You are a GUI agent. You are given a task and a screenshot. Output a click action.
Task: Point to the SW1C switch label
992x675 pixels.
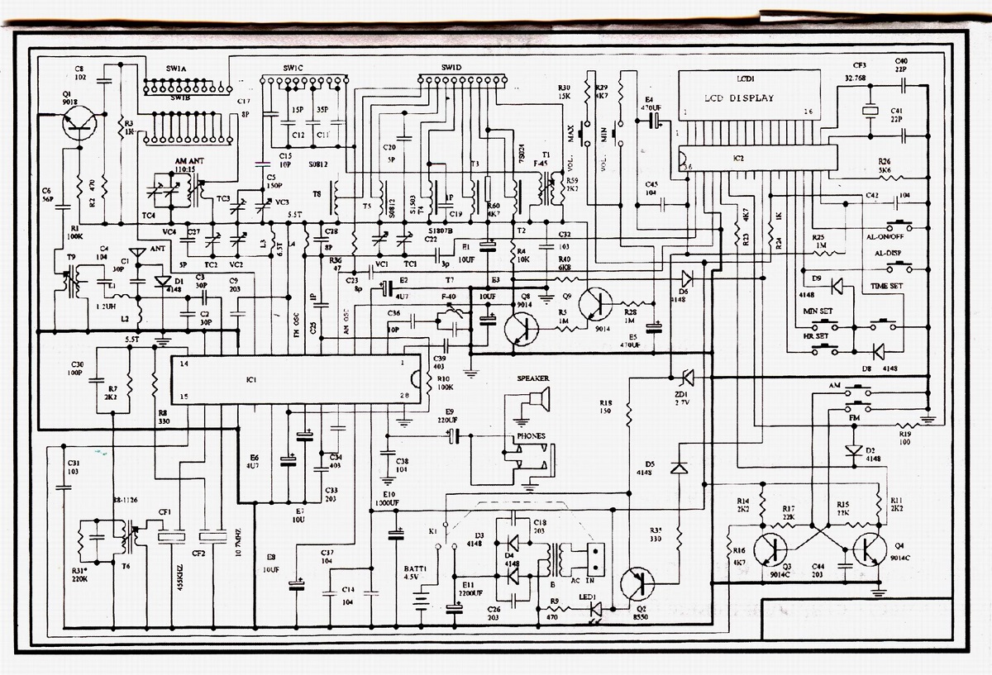pyautogui.click(x=293, y=67)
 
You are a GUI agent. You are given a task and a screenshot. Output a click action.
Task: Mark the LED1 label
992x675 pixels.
pyautogui.click(x=589, y=597)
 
